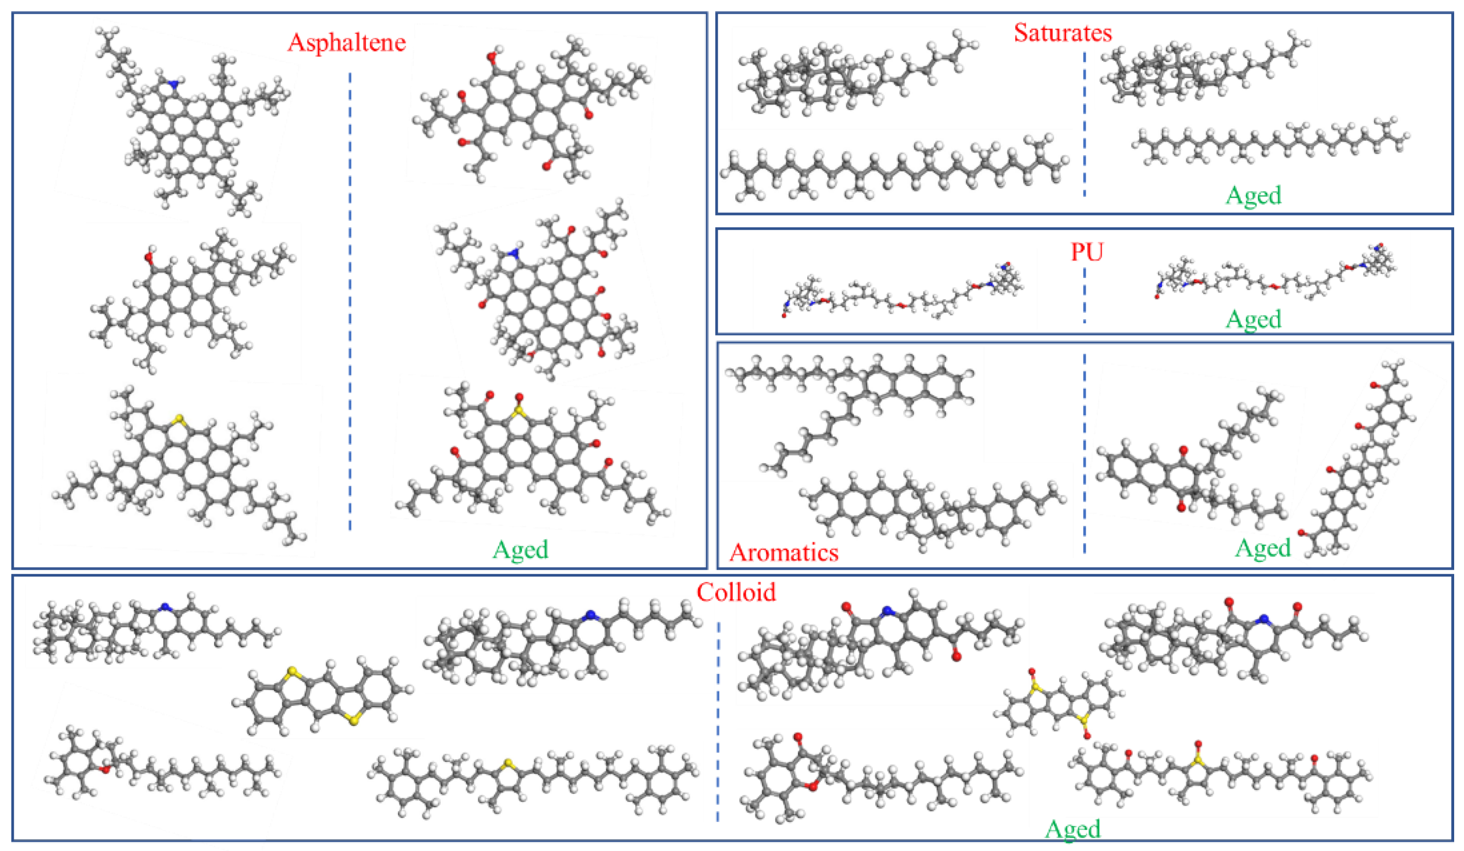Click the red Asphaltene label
tap(346, 42)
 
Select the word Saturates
tap(1063, 32)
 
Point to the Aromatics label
tap(784, 552)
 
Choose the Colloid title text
tap(736, 592)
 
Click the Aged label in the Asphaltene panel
tap(520, 549)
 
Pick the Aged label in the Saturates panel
tap(1253, 195)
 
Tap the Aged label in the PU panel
tap(1253, 319)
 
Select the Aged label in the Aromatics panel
tap(1262, 548)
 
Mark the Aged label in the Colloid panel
tap(1072, 829)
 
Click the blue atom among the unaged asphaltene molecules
tap(173, 84)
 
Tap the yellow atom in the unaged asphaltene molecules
tap(179, 418)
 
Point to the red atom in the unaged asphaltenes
tap(150, 256)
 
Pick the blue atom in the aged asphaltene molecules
tap(513, 253)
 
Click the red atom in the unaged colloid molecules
tap(105, 769)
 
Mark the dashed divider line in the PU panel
tap(1084, 302)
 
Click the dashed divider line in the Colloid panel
tap(718, 720)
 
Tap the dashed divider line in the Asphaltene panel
tap(350, 302)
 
